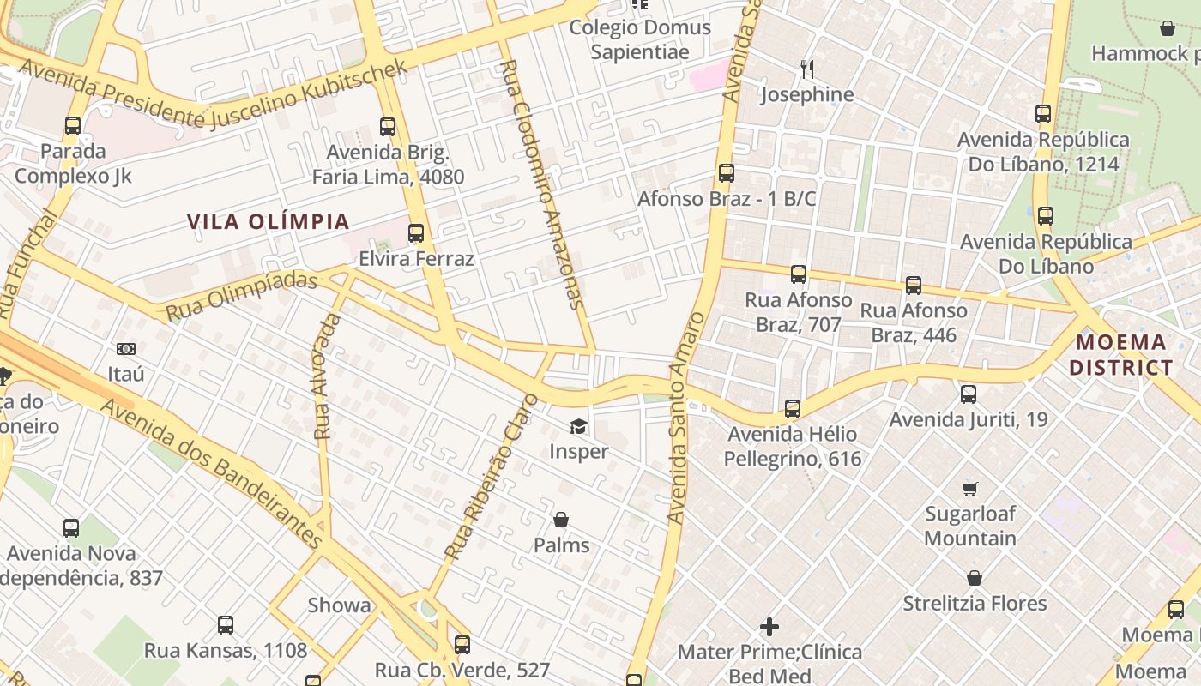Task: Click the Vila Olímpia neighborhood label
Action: point(269,222)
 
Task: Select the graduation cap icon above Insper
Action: point(579,426)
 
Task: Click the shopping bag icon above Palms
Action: point(561,520)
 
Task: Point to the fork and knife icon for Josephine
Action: point(806,68)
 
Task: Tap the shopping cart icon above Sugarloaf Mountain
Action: point(970,489)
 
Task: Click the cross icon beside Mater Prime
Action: point(769,627)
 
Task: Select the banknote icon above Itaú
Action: point(126,349)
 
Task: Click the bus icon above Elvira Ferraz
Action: point(416,233)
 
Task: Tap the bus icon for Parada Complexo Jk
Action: point(73,126)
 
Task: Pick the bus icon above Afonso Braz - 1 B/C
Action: point(727,173)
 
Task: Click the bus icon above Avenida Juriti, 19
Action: point(969,394)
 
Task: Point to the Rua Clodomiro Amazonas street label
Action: point(542,184)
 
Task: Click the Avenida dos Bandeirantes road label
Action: point(211,472)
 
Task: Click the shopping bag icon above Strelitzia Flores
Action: point(975,578)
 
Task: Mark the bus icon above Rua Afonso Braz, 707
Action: point(799,274)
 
